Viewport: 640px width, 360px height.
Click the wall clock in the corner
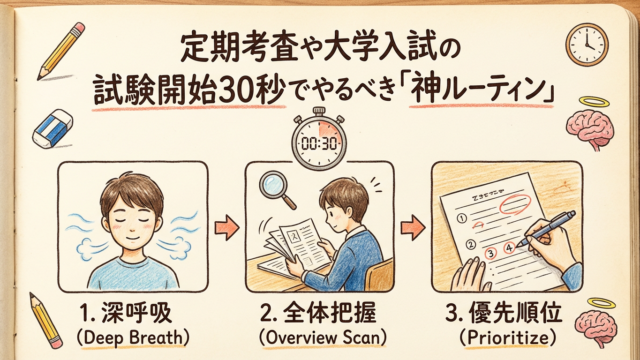click(x=587, y=44)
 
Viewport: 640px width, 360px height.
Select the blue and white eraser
click(x=52, y=129)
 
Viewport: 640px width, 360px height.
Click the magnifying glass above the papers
click(x=278, y=189)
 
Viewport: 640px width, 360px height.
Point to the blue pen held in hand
click(x=546, y=229)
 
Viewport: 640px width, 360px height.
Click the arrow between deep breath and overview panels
click(x=227, y=227)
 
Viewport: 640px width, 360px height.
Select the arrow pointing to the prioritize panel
click(x=413, y=227)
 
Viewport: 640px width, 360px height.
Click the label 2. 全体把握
click(x=318, y=313)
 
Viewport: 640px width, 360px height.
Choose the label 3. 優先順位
click(x=504, y=313)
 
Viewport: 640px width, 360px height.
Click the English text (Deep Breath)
click(x=133, y=338)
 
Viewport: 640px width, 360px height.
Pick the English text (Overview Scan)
click(x=322, y=338)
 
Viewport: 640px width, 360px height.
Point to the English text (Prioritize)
click(x=507, y=338)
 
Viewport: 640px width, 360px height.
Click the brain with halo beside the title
click(x=589, y=122)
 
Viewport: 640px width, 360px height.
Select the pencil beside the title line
click(x=61, y=51)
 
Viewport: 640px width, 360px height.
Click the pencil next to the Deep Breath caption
click(x=45, y=321)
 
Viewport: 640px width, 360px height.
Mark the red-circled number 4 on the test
click(x=509, y=247)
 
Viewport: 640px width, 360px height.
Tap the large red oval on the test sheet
click(x=516, y=204)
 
